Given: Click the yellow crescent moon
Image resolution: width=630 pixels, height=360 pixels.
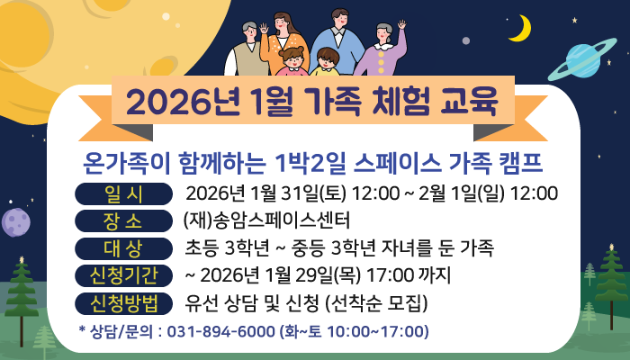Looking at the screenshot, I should point(519,30).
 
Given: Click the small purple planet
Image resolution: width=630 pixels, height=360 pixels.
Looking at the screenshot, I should point(14,221).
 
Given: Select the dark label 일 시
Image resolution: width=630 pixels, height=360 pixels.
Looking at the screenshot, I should point(124,193).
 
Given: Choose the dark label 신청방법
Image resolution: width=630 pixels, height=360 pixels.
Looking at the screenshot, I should point(124,301).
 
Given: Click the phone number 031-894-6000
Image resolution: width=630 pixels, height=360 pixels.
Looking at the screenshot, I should point(221,331).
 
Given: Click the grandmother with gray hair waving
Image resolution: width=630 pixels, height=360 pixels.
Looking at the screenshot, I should point(382,49).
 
